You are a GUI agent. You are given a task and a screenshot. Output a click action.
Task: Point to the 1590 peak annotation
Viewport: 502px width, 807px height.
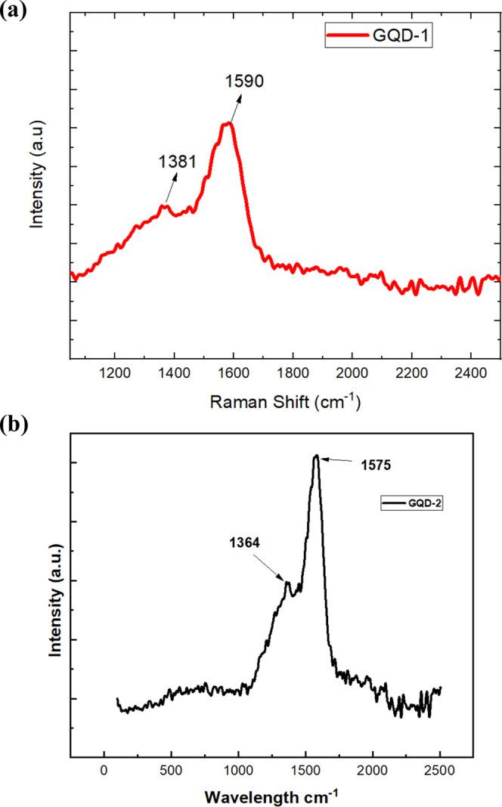(x=243, y=81)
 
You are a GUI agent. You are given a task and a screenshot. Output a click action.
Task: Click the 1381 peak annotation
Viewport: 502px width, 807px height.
(x=178, y=161)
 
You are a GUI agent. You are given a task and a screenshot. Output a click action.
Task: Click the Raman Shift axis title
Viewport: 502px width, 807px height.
(x=284, y=403)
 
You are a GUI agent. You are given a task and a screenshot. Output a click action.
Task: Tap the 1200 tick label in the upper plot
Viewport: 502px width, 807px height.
(x=114, y=374)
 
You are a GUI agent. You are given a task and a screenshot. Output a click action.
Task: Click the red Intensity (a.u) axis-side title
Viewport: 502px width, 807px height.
(x=38, y=173)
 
